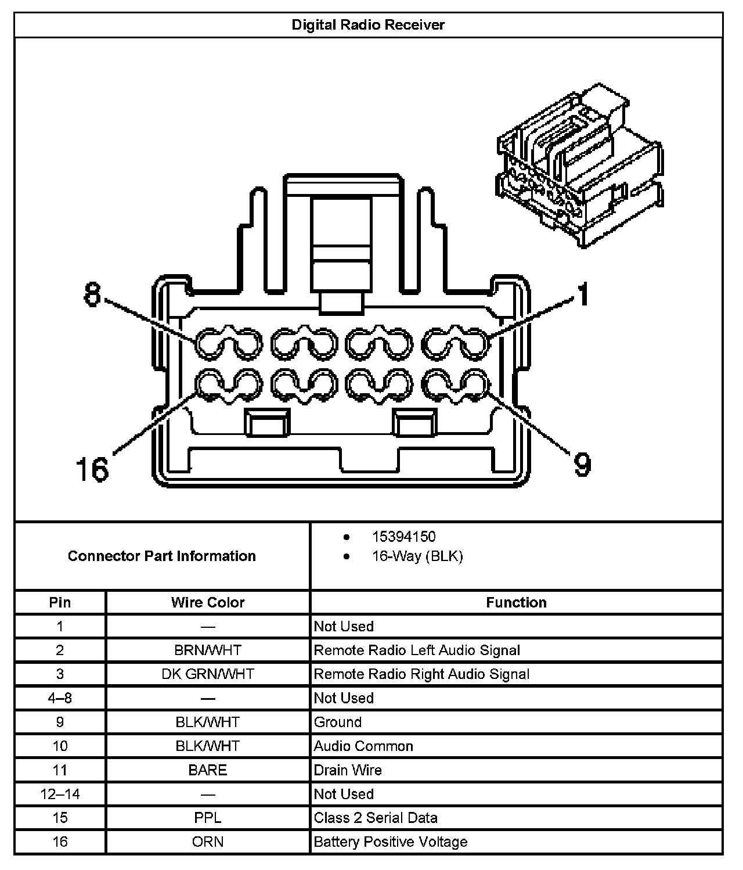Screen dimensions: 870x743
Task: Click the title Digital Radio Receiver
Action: coord(368,25)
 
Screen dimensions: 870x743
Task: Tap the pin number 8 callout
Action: coord(92,294)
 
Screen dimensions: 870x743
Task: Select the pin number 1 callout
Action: coord(582,294)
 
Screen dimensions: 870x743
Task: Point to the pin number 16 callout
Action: coord(92,469)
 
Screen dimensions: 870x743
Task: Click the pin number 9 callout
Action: coord(582,464)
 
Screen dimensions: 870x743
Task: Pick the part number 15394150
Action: coord(403,537)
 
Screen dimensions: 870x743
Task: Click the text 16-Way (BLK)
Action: coord(417,556)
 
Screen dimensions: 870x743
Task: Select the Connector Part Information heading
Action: coord(161,556)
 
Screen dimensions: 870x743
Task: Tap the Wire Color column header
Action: coord(208,602)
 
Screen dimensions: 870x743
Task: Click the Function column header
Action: coord(516,602)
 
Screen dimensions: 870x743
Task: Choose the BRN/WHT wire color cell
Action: coord(208,650)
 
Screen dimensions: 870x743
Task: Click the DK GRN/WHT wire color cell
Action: coord(208,674)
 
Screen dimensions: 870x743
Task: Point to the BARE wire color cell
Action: coord(208,770)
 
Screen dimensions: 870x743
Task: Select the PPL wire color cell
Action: coord(208,818)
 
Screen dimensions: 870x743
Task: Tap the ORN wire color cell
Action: coord(208,842)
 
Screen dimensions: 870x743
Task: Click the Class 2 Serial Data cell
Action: coord(375,818)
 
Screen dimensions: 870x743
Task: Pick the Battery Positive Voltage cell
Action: coord(390,842)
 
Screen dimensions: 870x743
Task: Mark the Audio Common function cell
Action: coord(363,746)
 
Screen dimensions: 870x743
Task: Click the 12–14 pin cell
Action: coord(60,794)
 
